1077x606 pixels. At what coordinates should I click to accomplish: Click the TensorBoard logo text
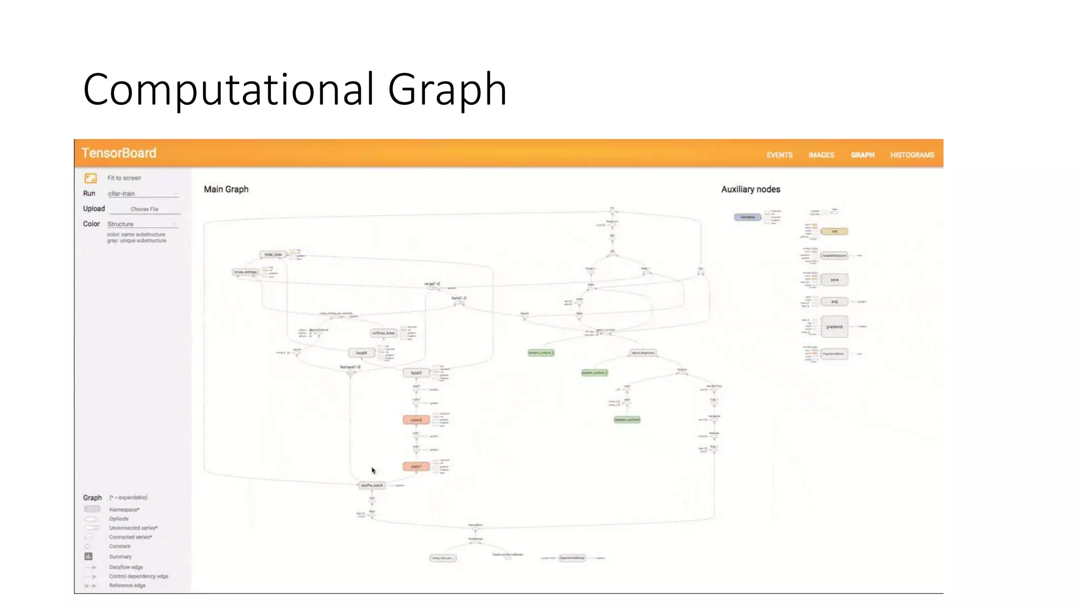(119, 153)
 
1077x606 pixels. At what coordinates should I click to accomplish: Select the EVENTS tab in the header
(779, 155)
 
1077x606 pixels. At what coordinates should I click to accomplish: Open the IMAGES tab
(821, 155)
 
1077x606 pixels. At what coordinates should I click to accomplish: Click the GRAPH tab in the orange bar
(862, 155)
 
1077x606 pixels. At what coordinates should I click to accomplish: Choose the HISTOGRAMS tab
(912, 155)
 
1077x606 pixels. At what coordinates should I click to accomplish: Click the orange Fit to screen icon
(90, 178)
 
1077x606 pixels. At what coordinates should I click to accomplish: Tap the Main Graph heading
(226, 189)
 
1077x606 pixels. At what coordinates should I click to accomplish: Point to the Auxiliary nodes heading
(750, 189)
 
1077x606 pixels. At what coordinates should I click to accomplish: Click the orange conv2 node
(416, 420)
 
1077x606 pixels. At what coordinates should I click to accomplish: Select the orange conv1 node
(416, 467)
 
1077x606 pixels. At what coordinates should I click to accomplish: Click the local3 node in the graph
(416, 373)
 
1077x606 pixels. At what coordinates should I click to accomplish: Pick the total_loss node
(272, 255)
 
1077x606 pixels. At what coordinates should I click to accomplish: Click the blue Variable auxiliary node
(747, 217)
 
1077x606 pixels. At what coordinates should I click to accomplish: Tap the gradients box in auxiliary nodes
(834, 327)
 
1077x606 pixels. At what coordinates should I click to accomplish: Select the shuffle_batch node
(372, 486)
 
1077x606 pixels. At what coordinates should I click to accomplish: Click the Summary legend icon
(88, 557)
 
